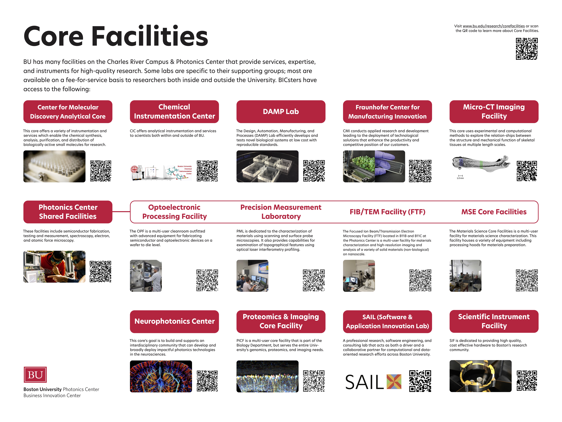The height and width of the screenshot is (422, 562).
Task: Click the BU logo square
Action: (x=35, y=374)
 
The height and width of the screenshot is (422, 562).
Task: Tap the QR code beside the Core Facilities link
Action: (x=527, y=49)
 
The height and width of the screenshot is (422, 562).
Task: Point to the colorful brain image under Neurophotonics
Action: (x=161, y=376)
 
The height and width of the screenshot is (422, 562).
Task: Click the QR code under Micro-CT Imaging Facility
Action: (x=527, y=171)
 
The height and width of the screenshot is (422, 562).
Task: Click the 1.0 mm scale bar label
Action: (x=460, y=178)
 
